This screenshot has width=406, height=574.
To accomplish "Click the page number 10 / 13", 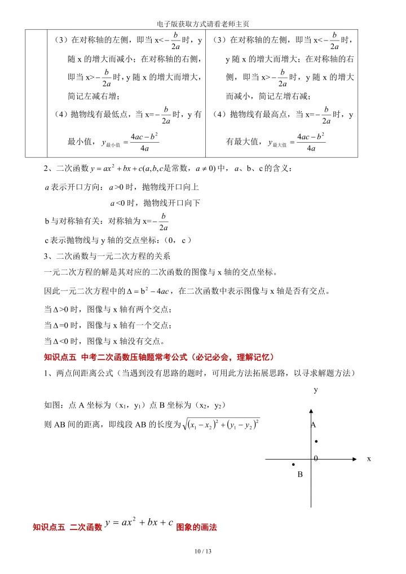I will click(x=203, y=551).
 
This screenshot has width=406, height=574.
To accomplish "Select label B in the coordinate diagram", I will click(x=300, y=475).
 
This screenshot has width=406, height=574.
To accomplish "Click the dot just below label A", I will click(x=316, y=441).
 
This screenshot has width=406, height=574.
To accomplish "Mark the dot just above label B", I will click(x=294, y=465).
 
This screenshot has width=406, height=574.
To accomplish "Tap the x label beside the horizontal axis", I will click(x=369, y=459).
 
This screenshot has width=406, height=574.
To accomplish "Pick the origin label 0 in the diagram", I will click(x=316, y=459).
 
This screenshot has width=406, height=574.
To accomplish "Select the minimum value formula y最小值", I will click(x=130, y=143).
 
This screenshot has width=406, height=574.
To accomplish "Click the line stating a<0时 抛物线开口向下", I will click(x=155, y=202).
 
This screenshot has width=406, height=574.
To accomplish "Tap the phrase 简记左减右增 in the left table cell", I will click(x=91, y=95).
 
